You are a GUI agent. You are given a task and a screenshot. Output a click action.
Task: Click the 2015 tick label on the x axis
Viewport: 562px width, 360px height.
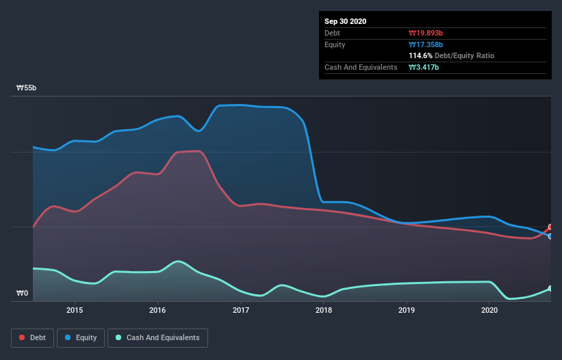75,310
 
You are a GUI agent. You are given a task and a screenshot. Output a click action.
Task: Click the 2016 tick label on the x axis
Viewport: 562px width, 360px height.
157,310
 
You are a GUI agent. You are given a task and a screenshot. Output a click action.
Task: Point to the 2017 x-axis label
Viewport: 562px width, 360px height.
241,310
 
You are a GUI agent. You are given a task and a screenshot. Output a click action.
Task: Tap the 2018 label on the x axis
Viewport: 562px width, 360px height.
324,310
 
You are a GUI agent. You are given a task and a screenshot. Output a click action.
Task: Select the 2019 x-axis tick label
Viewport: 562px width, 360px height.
407,310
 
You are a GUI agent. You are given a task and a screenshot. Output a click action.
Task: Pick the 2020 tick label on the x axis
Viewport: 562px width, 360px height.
489,310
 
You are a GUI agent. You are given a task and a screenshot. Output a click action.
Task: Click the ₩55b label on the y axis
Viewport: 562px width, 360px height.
27,88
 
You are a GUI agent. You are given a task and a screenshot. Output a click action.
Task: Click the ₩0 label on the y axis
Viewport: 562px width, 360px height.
23,294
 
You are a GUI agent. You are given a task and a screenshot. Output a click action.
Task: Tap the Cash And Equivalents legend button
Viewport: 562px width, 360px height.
157,337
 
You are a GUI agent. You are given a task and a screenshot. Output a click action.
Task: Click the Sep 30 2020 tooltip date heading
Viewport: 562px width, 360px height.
345,21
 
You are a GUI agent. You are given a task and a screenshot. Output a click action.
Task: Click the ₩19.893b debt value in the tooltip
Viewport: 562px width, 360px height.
426,33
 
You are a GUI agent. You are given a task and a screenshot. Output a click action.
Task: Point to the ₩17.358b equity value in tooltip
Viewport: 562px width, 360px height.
426,44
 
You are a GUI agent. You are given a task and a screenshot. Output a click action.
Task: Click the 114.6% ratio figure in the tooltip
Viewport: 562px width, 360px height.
420,55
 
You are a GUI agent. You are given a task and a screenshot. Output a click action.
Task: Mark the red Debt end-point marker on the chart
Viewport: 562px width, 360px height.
550,227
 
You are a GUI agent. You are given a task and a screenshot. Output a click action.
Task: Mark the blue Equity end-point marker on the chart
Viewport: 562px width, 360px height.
550,236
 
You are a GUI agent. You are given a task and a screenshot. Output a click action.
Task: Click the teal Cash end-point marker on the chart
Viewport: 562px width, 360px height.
550,289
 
